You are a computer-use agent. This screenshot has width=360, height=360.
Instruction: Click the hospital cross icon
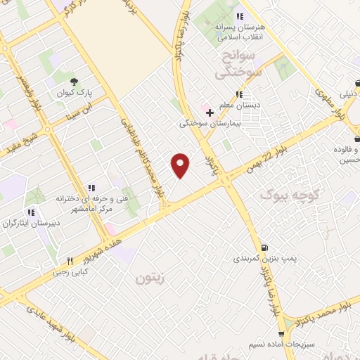point(210,111)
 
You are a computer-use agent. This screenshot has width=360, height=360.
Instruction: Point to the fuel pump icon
point(264,247)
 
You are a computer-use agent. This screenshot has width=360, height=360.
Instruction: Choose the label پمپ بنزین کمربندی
point(264,259)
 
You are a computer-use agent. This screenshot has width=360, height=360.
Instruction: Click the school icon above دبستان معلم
point(240,94)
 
